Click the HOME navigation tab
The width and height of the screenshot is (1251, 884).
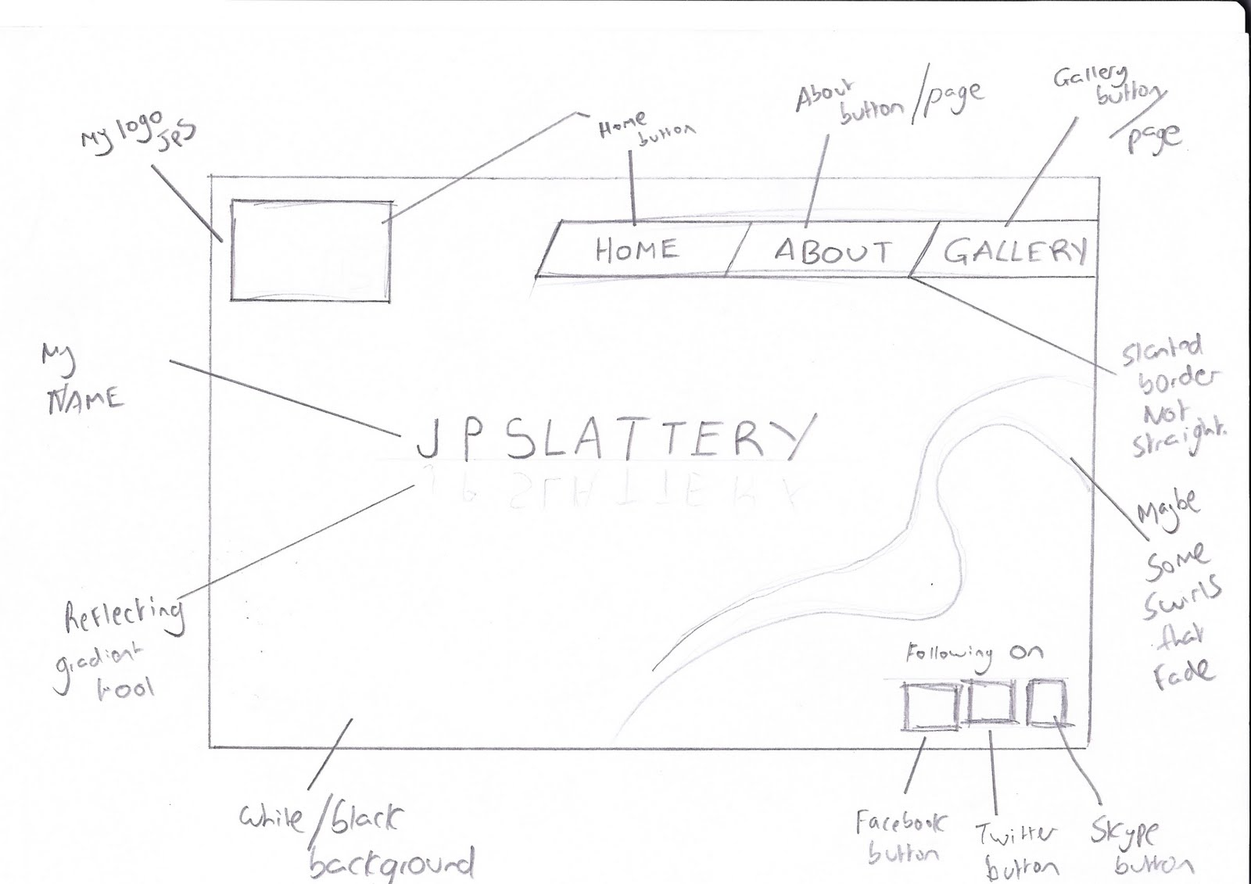click(636, 250)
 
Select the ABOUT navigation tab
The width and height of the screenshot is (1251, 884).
click(832, 251)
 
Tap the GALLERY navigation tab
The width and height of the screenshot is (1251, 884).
click(1014, 251)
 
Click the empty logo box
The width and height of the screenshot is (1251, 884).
click(310, 250)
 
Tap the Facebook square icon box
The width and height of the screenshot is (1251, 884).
click(930, 706)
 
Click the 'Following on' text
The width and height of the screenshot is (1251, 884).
click(974, 653)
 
